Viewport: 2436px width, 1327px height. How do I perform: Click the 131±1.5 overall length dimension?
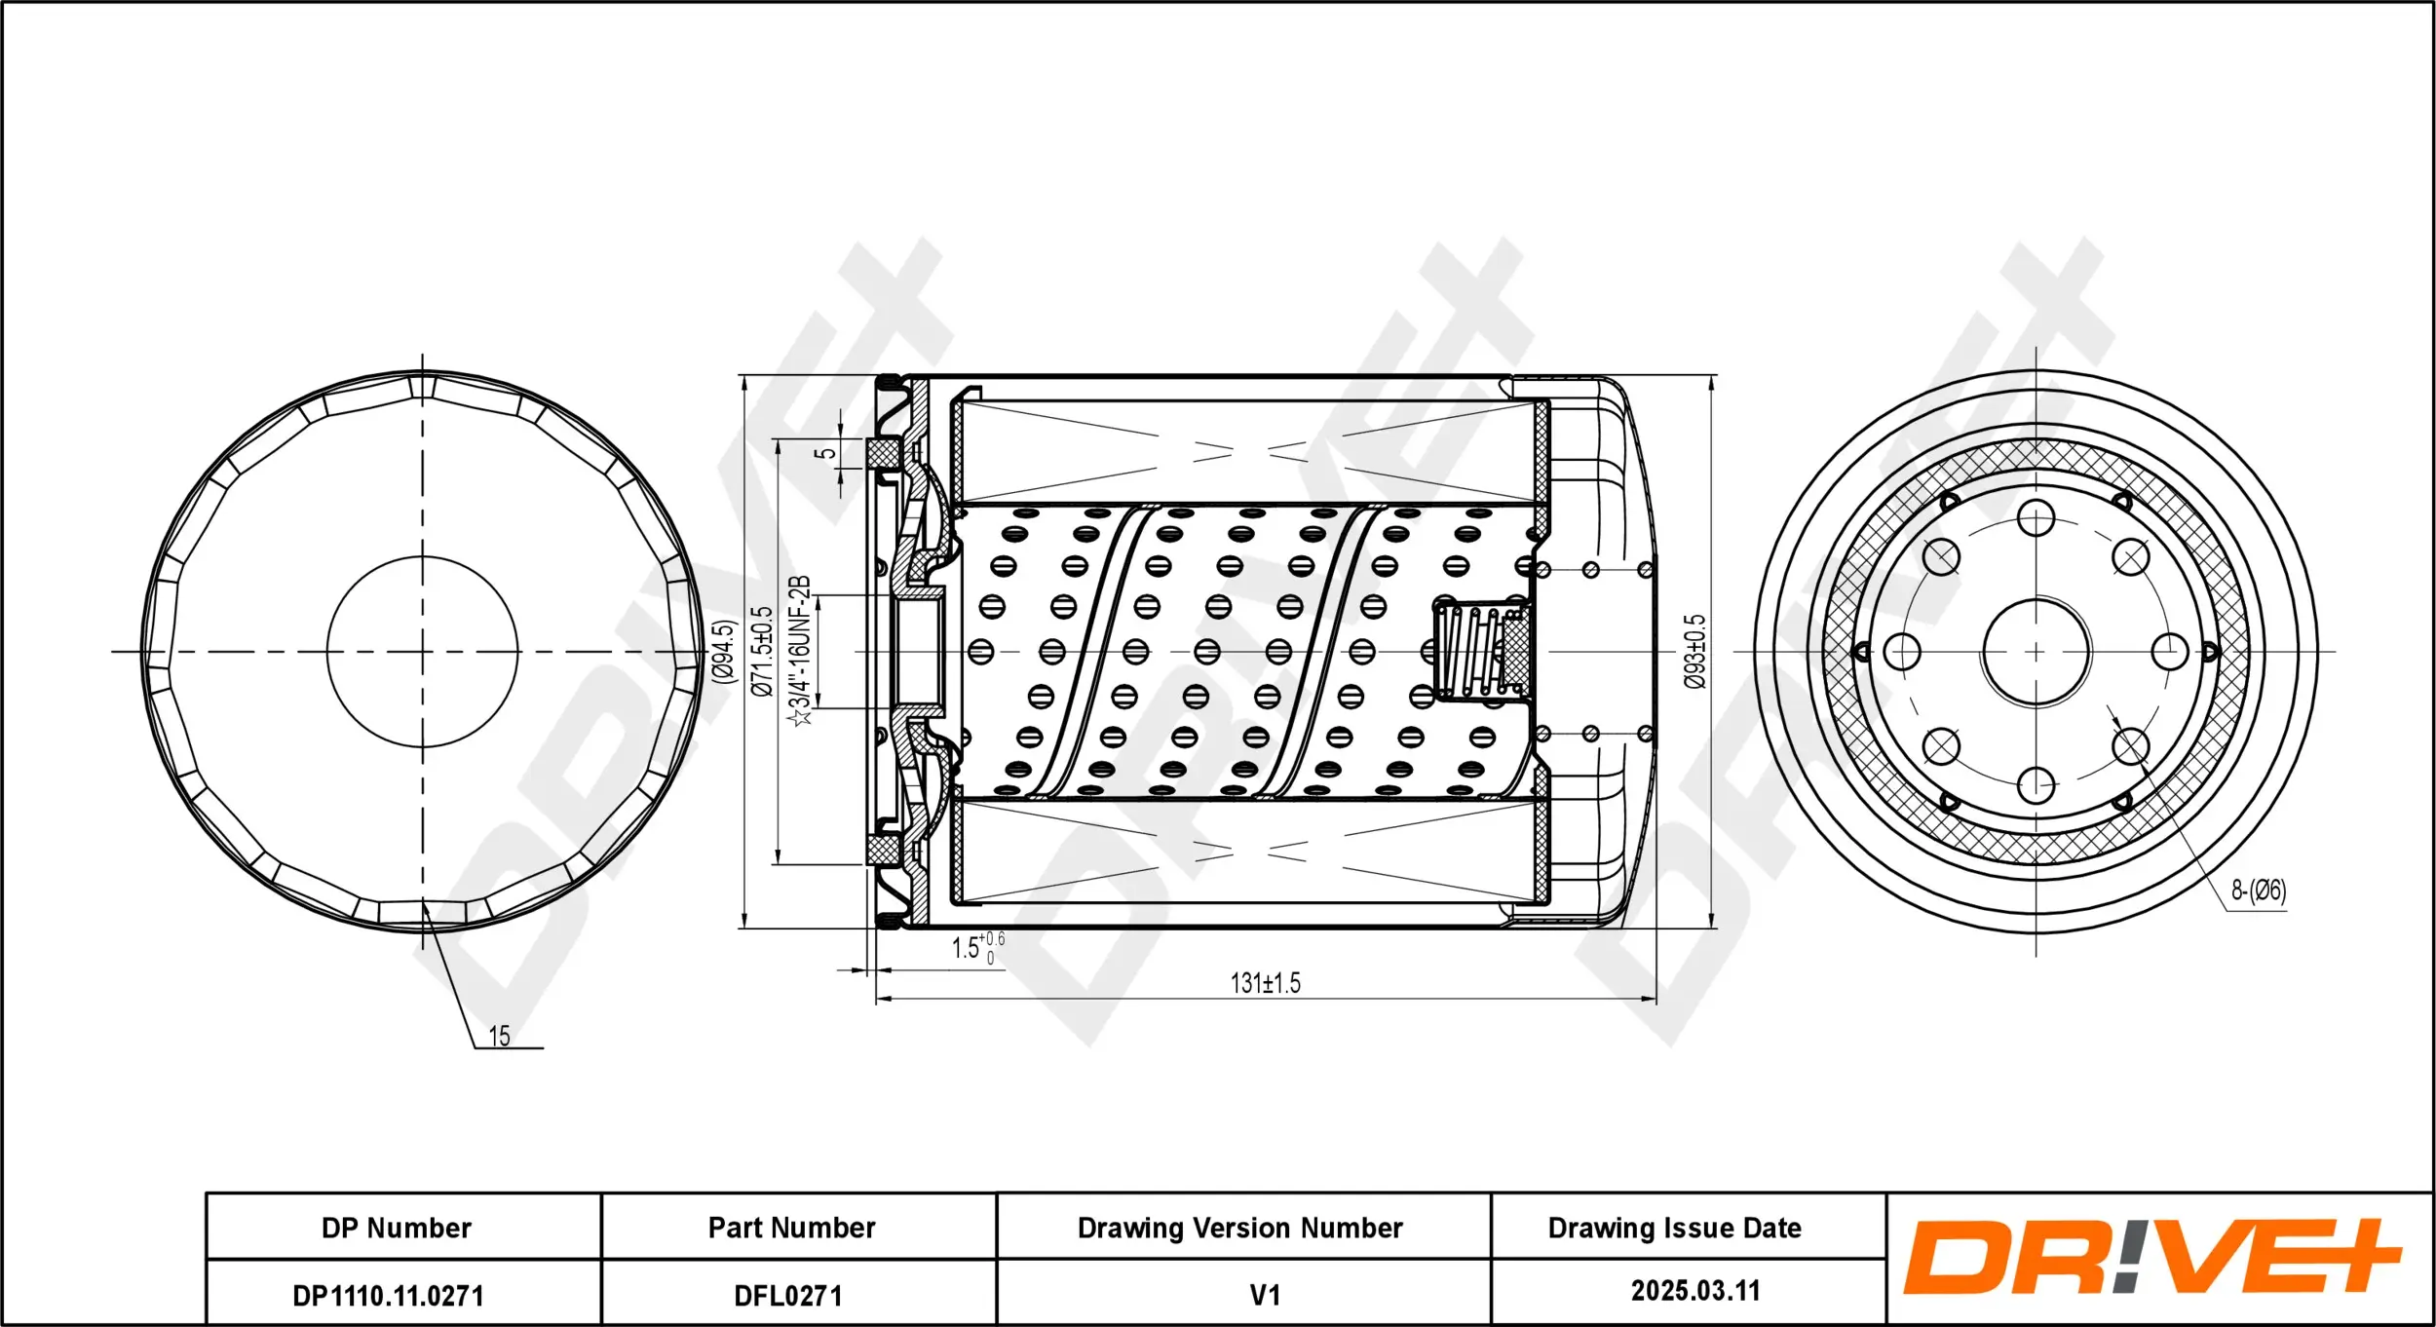coord(1265,983)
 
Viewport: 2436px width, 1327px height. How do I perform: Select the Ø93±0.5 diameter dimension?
coord(1695,651)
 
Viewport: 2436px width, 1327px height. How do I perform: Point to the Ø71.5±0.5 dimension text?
coord(762,651)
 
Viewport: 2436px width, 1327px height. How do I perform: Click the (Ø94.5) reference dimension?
coord(723,651)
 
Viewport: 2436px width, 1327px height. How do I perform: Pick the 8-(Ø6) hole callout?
coord(2258,890)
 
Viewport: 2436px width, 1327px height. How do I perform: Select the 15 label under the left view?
coord(499,1036)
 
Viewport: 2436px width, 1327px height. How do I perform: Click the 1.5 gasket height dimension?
coord(967,947)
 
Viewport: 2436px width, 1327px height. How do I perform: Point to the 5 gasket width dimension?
coord(825,453)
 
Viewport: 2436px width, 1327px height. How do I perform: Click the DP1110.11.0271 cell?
coord(388,1295)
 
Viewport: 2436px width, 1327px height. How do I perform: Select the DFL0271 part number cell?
coord(788,1295)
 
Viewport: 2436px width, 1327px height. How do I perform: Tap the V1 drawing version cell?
coord(1264,1295)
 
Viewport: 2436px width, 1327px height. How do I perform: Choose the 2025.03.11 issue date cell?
coord(1695,1291)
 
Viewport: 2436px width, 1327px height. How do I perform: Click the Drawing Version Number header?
coord(1239,1228)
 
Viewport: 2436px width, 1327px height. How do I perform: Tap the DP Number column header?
coord(397,1228)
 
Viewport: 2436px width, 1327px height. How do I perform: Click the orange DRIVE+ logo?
coord(2151,1257)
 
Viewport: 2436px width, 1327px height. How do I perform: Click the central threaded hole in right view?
coord(2036,652)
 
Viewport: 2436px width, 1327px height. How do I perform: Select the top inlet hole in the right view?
coord(2036,518)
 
